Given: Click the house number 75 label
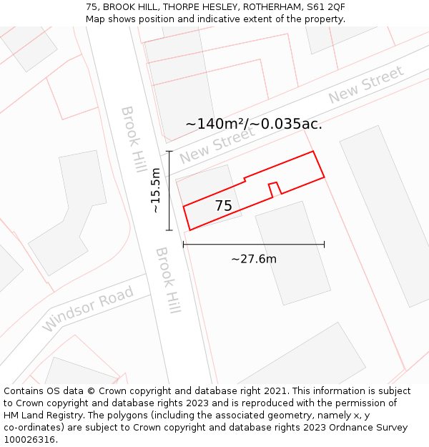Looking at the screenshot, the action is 223,206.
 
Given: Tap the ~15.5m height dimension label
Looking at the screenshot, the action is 155,190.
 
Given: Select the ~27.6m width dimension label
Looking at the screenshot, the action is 253,259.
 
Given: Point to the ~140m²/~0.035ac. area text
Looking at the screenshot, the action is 253,124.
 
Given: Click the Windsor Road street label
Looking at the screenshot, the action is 88,309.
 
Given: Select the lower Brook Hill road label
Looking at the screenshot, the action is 168,280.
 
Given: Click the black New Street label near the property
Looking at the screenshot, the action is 217,146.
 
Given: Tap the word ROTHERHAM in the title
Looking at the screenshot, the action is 271,7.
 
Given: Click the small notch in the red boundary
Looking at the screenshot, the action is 274,188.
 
